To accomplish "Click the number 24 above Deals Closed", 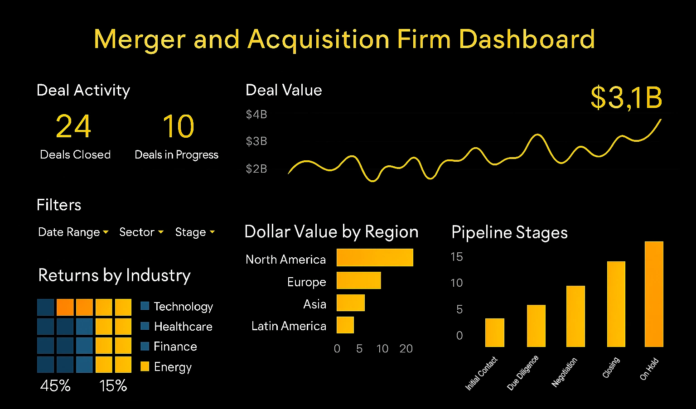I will point(73,126).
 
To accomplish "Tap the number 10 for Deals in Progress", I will point(179,126).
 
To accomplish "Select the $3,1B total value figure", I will point(626,97).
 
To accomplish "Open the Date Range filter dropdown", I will point(73,232).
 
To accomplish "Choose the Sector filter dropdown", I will point(141,232).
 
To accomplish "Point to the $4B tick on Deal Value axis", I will point(256,115).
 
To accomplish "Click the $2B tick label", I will point(256,169).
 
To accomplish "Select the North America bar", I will point(375,257).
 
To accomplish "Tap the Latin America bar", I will point(345,325).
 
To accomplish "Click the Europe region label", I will point(307,282).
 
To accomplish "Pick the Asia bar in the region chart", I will point(350,303).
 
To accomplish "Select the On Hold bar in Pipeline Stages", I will point(654,294).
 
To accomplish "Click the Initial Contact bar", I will point(494,332).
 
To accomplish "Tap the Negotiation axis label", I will point(565,372).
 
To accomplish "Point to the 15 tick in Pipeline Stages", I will point(457,257).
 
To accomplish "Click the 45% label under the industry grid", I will point(55,385).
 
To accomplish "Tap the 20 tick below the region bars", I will point(406,348).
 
